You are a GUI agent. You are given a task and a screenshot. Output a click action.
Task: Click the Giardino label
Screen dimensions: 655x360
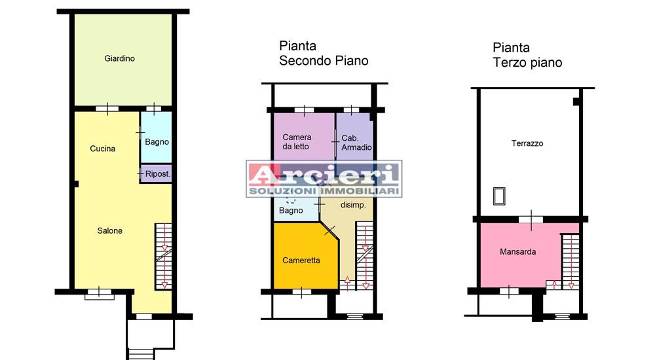(x=119, y=58)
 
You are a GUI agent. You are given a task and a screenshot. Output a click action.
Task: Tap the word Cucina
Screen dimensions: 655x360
(x=102, y=149)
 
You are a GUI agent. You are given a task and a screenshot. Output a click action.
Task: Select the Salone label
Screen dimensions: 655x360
(x=110, y=230)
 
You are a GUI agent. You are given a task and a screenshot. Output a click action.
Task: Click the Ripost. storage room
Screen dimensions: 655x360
(x=156, y=173)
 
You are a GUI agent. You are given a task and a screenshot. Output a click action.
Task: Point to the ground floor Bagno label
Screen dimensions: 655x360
(x=157, y=142)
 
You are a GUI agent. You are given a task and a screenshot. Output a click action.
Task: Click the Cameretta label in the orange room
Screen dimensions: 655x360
(x=301, y=261)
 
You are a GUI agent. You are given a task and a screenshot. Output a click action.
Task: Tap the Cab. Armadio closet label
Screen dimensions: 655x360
(x=356, y=143)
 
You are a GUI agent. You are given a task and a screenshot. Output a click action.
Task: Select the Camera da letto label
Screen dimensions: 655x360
(x=297, y=141)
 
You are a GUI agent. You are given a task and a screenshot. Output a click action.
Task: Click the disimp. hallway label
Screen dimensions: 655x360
(x=353, y=205)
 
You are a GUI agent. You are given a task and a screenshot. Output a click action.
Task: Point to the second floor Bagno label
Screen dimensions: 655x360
(x=291, y=211)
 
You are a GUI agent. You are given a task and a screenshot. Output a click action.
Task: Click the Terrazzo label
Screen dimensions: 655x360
(x=527, y=143)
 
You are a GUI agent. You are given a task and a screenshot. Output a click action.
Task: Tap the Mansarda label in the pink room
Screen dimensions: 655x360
(x=517, y=252)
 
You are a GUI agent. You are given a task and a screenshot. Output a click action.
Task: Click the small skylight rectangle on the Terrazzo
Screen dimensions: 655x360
(x=499, y=196)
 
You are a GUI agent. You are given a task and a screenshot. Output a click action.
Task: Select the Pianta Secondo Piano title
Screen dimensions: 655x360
(x=324, y=53)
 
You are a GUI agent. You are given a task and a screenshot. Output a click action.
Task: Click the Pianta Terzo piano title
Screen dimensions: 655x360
(x=527, y=55)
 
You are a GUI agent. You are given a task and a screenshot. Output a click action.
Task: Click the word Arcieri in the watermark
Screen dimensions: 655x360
(x=324, y=174)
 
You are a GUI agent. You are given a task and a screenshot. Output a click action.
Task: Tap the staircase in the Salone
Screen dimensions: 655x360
(x=163, y=257)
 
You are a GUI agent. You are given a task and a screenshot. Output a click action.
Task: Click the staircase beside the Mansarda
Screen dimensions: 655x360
(x=571, y=262)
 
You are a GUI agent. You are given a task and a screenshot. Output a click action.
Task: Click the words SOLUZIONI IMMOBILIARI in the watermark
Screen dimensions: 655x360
(x=324, y=191)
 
